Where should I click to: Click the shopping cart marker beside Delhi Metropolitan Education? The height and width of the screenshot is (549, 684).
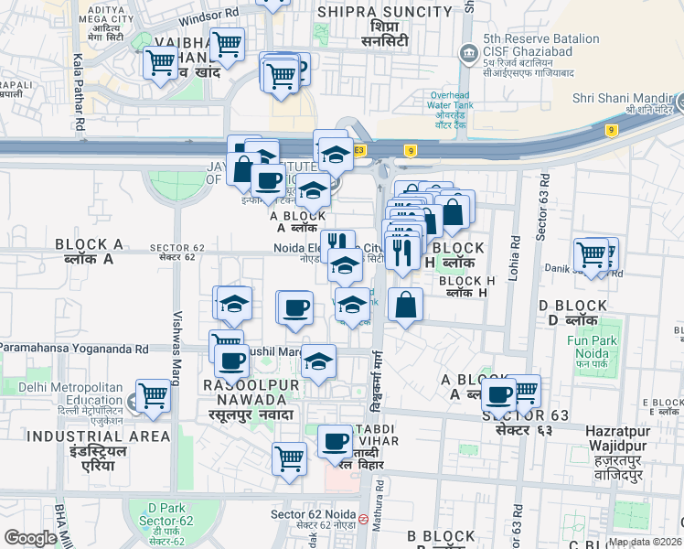click(153, 396)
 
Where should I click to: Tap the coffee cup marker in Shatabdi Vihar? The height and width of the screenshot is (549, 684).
click(336, 443)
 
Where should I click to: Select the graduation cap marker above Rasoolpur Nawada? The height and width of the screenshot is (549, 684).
click(318, 361)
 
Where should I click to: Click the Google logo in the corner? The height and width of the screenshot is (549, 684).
click(30, 538)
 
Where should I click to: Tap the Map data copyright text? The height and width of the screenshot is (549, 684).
click(645, 542)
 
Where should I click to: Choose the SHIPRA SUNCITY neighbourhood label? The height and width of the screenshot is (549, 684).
click(384, 12)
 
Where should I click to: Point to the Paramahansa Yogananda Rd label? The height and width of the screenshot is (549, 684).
click(74, 349)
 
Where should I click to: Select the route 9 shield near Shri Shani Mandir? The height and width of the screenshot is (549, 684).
click(610, 130)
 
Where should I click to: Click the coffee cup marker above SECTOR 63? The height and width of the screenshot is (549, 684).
click(499, 394)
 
